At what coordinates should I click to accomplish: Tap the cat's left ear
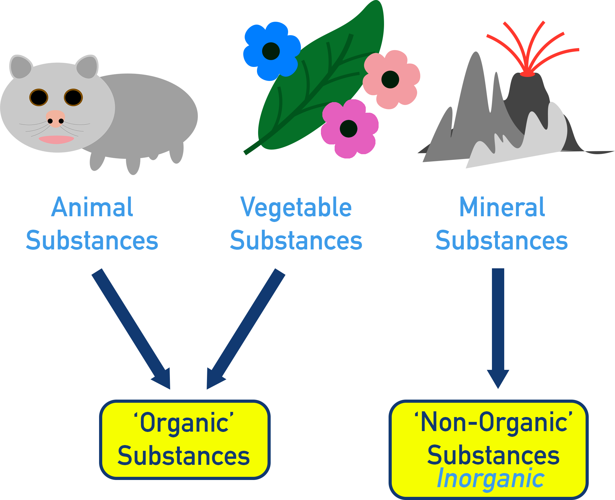pos(20,67)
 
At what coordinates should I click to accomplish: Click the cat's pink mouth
pos(56,139)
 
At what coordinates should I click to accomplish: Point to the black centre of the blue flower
pos(271,51)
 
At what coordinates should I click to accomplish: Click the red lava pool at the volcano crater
pos(527,75)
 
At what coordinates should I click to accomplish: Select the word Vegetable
pos(296,208)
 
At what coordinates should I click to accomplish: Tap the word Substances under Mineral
pos(501,241)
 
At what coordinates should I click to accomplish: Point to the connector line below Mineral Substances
pos(498,280)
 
